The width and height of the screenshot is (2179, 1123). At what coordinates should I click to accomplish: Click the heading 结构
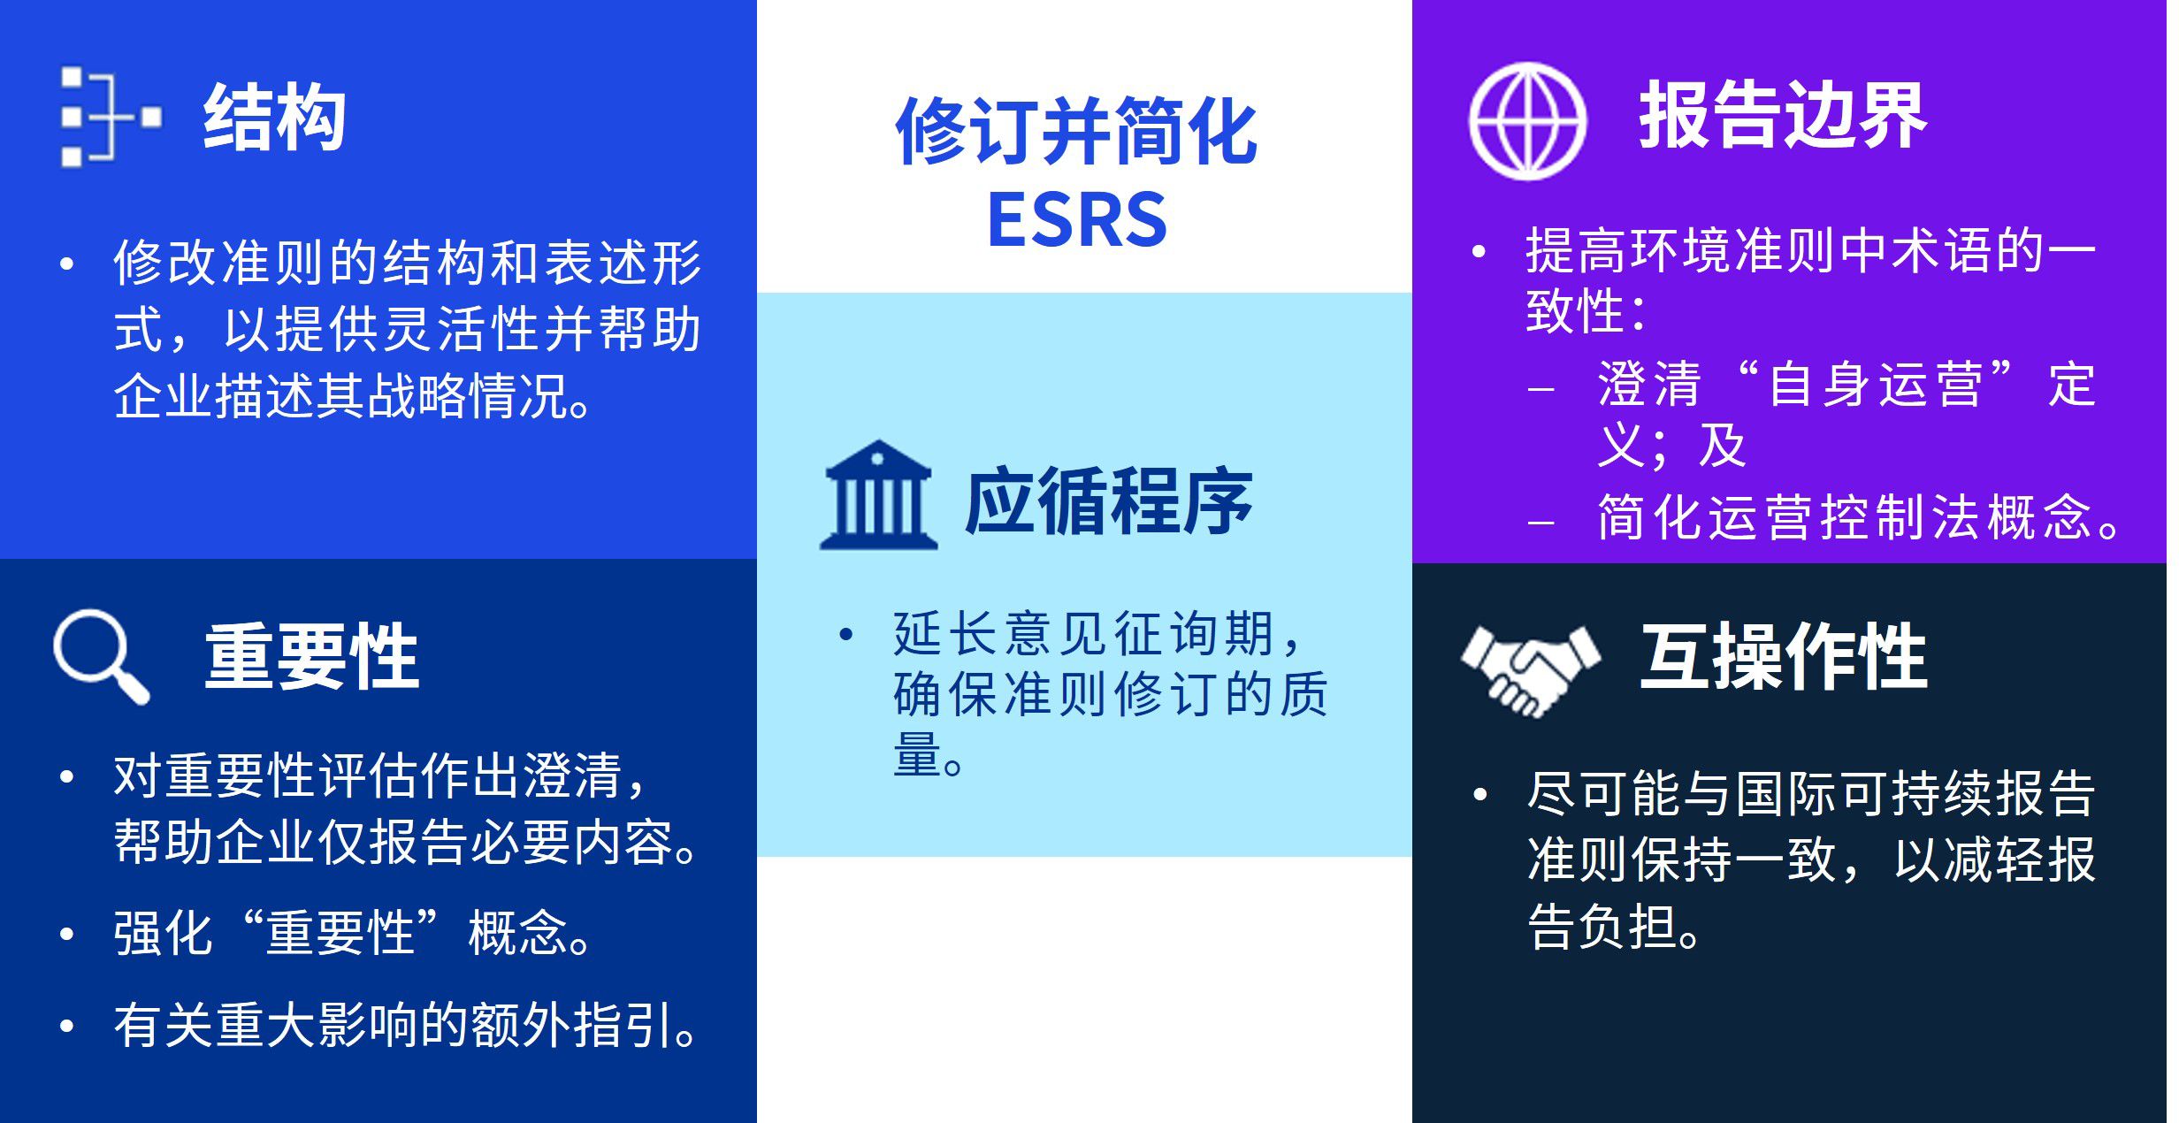(274, 118)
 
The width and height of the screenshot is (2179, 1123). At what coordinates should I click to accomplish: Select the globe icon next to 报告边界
(1527, 121)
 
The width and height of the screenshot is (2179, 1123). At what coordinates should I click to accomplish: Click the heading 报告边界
(1783, 116)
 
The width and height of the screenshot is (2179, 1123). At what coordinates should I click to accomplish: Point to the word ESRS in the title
(1077, 219)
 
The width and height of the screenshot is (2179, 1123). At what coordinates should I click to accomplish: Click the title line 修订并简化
(1076, 131)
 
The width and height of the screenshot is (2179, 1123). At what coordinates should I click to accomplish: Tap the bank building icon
(878, 495)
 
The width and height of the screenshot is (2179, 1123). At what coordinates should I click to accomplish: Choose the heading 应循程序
(1109, 501)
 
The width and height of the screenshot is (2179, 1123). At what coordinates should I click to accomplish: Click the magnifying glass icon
(101, 656)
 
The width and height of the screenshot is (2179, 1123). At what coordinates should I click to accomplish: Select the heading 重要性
(312, 656)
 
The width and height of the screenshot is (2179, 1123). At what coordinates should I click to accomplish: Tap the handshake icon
(1530, 670)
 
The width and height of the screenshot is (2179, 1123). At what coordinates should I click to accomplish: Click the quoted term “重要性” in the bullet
(340, 932)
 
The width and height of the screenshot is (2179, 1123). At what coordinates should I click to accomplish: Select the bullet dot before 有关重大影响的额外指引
(66, 1026)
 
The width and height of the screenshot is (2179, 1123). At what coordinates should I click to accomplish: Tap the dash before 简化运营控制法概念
(1541, 523)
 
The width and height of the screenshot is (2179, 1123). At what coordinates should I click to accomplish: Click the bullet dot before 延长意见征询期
(846, 634)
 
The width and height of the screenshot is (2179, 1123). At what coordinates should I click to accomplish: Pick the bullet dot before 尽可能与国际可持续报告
(1480, 794)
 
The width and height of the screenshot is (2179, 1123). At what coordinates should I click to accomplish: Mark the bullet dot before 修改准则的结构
(66, 263)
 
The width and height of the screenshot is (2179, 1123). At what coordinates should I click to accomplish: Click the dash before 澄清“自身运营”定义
(1541, 389)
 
